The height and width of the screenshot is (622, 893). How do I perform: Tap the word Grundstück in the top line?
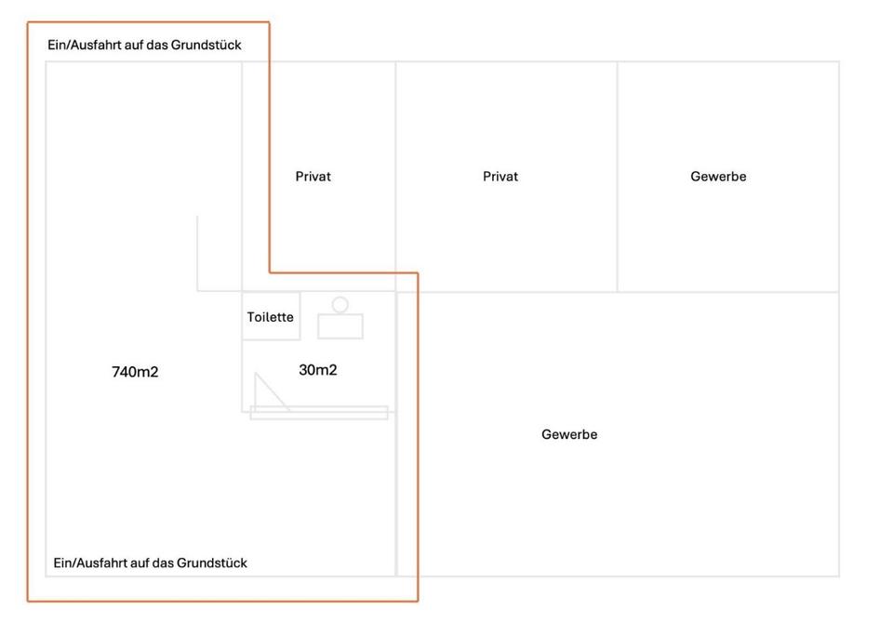click(x=207, y=45)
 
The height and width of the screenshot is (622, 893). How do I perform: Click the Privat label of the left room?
click(x=313, y=176)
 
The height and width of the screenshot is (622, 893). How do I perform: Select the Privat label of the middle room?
click(x=500, y=176)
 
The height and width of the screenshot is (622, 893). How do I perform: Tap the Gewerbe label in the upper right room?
click(x=718, y=176)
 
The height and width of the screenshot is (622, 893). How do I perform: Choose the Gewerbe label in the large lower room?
click(x=569, y=434)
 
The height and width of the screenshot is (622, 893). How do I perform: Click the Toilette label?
click(x=270, y=317)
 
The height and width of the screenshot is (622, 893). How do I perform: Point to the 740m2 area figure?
click(x=135, y=372)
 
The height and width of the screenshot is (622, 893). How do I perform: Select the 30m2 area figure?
click(x=317, y=370)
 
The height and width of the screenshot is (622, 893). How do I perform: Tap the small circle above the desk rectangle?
click(x=340, y=304)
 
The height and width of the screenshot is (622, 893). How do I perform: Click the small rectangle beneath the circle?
click(x=340, y=326)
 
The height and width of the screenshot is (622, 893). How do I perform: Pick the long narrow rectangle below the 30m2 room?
click(x=319, y=413)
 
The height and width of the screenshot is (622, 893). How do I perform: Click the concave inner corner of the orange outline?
click(x=270, y=272)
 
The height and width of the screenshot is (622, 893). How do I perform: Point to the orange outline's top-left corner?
click(x=28, y=23)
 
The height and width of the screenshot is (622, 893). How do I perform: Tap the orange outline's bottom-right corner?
click(x=417, y=601)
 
